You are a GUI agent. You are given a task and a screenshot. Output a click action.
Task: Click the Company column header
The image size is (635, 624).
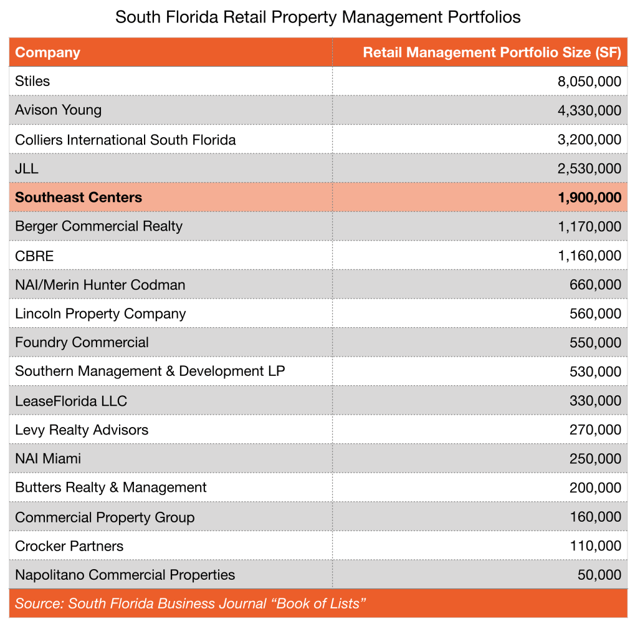[x=47, y=52]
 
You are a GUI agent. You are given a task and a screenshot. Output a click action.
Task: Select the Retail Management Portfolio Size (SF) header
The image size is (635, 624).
[x=492, y=52]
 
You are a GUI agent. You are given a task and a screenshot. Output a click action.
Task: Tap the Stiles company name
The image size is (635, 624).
[x=32, y=81]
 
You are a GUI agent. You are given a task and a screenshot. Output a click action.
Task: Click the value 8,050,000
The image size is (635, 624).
[x=589, y=82]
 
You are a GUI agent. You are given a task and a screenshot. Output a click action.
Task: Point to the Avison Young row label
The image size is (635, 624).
[x=58, y=110]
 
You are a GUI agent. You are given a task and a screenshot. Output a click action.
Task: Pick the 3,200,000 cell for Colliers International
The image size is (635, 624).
[x=589, y=140]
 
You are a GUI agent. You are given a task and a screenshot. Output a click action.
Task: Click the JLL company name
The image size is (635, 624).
[x=26, y=168]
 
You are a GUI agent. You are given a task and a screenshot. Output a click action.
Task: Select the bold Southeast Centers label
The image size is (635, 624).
[x=79, y=198]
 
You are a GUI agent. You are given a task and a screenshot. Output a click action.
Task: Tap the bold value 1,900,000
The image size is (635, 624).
[x=589, y=198]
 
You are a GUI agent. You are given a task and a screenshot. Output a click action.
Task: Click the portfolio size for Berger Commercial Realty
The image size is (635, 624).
[x=589, y=226]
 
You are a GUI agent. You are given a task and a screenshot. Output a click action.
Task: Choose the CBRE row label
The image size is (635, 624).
[x=34, y=256]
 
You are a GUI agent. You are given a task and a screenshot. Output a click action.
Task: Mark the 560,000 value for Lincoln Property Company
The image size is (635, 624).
[x=595, y=314]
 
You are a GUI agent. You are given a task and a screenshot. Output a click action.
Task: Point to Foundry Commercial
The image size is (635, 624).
[x=82, y=342]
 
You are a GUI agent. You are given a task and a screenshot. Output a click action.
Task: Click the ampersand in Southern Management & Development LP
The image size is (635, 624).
[x=169, y=372]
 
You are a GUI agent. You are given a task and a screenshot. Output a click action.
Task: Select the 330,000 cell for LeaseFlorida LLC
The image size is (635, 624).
[x=595, y=401]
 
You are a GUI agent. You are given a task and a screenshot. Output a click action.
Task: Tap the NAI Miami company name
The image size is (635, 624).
[x=48, y=459]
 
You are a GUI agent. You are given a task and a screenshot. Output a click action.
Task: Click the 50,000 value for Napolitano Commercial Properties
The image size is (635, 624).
[x=599, y=575]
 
